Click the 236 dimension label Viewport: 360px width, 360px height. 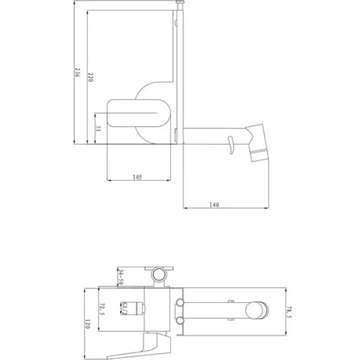pyautogui.click(x=77, y=73)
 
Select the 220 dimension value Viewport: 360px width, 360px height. pyautogui.click(x=90, y=77)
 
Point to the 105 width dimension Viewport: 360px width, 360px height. pyautogui.click(x=137, y=177)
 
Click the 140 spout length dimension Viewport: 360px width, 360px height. pyautogui.click(x=214, y=205)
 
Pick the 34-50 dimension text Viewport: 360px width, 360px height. pyautogui.click(x=121, y=277)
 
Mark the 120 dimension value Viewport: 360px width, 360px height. pyautogui.click(x=88, y=324)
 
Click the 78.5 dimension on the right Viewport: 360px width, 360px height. pyautogui.click(x=289, y=312)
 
